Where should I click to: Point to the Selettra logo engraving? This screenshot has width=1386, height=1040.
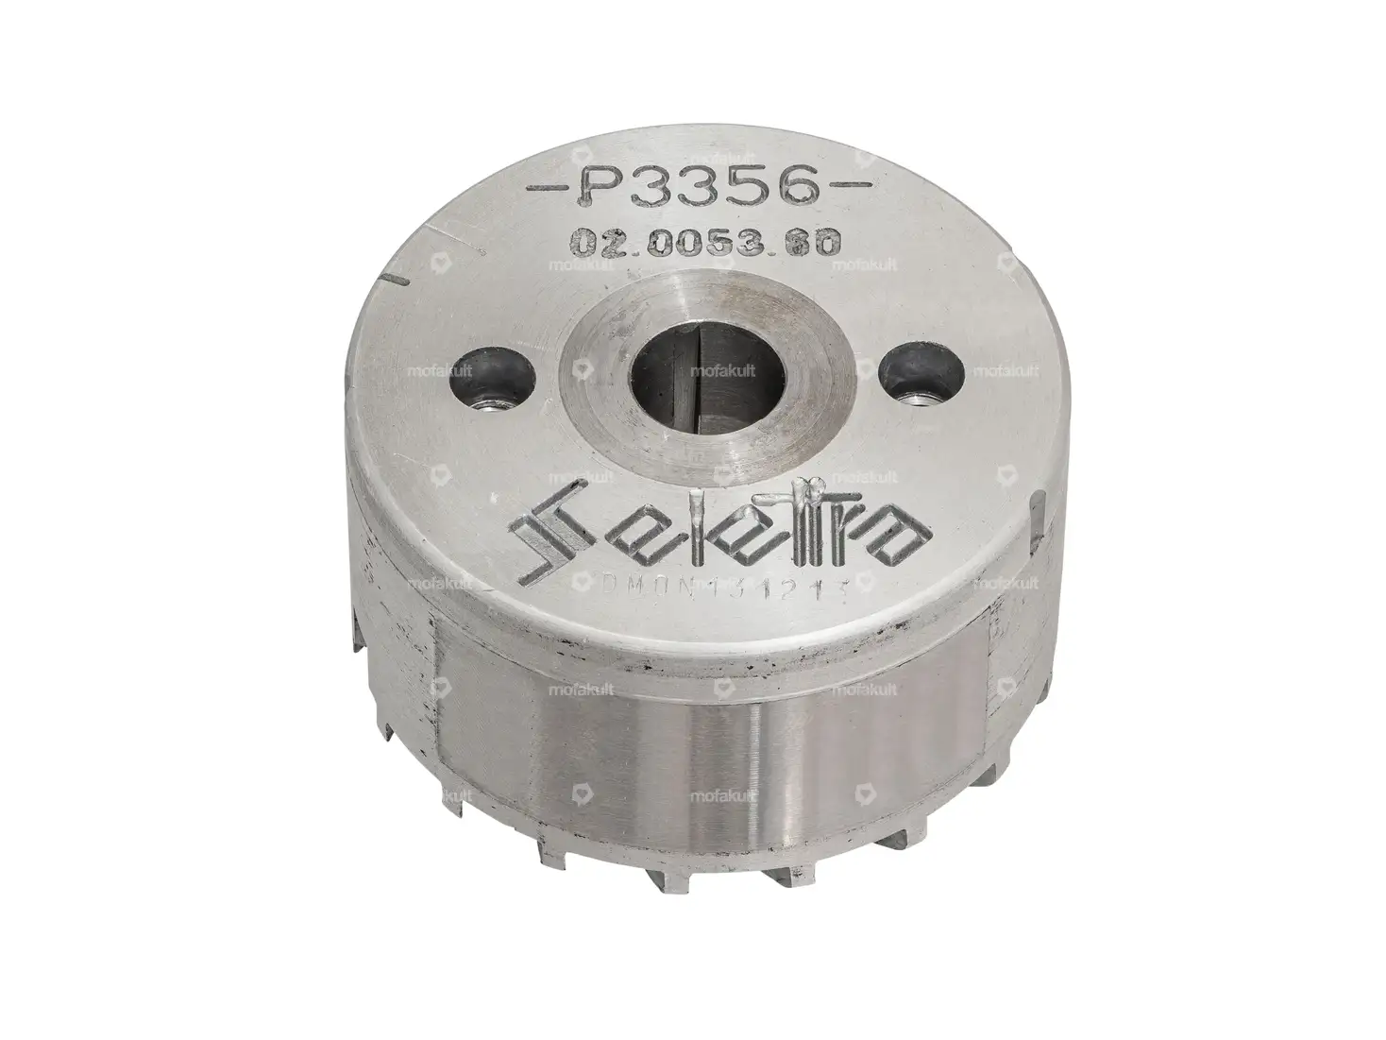click(719, 534)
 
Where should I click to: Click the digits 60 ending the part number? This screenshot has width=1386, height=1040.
click(823, 244)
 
